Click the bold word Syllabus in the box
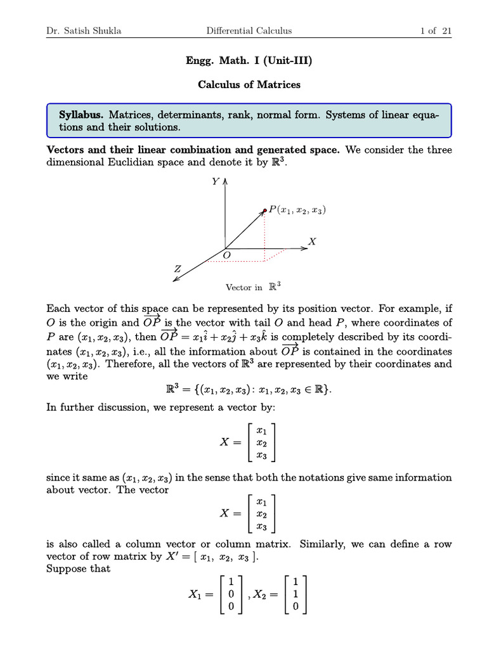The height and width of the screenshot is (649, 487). click(x=81, y=115)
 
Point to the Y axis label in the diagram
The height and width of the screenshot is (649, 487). click(x=216, y=181)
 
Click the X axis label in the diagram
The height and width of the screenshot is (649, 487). click(x=312, y=241)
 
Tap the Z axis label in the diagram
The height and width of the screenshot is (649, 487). click(x=178, y=269)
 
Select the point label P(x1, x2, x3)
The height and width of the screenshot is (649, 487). click(x=297, y=210)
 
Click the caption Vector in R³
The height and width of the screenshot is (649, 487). click(x=253, y=287)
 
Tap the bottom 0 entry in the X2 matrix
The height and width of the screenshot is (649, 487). click(x=296, y=607)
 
